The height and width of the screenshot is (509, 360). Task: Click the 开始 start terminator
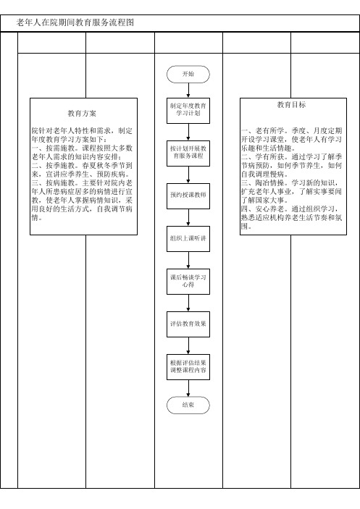tap(188, 74)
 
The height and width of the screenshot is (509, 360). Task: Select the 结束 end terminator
tap(188, 405)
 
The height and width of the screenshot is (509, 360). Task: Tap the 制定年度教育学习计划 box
tap(188, 110)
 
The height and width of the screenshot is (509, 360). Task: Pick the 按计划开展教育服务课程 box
tap(188, 153)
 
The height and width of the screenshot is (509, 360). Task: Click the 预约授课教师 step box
tap(188, 195)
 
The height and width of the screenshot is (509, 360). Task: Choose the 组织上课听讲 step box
tap(188, 239)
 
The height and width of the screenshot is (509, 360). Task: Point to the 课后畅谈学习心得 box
tap(188, 282)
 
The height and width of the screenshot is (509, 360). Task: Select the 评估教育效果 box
tap(188, 324)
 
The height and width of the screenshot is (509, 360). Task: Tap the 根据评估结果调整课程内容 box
tap(188, 367)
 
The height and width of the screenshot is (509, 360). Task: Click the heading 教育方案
tap(82, 113)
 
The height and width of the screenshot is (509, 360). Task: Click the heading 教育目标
tap(291, 104)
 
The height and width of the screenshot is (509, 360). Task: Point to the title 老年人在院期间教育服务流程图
tap(75, 22)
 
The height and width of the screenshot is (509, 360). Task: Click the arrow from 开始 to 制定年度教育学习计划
tap(188, 91)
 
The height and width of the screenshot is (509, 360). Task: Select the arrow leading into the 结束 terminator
tap(188, 388)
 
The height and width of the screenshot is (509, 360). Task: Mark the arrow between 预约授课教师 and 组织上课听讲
tap(188, 217)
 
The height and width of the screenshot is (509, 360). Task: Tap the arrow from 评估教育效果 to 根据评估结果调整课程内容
tap(188, 345)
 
